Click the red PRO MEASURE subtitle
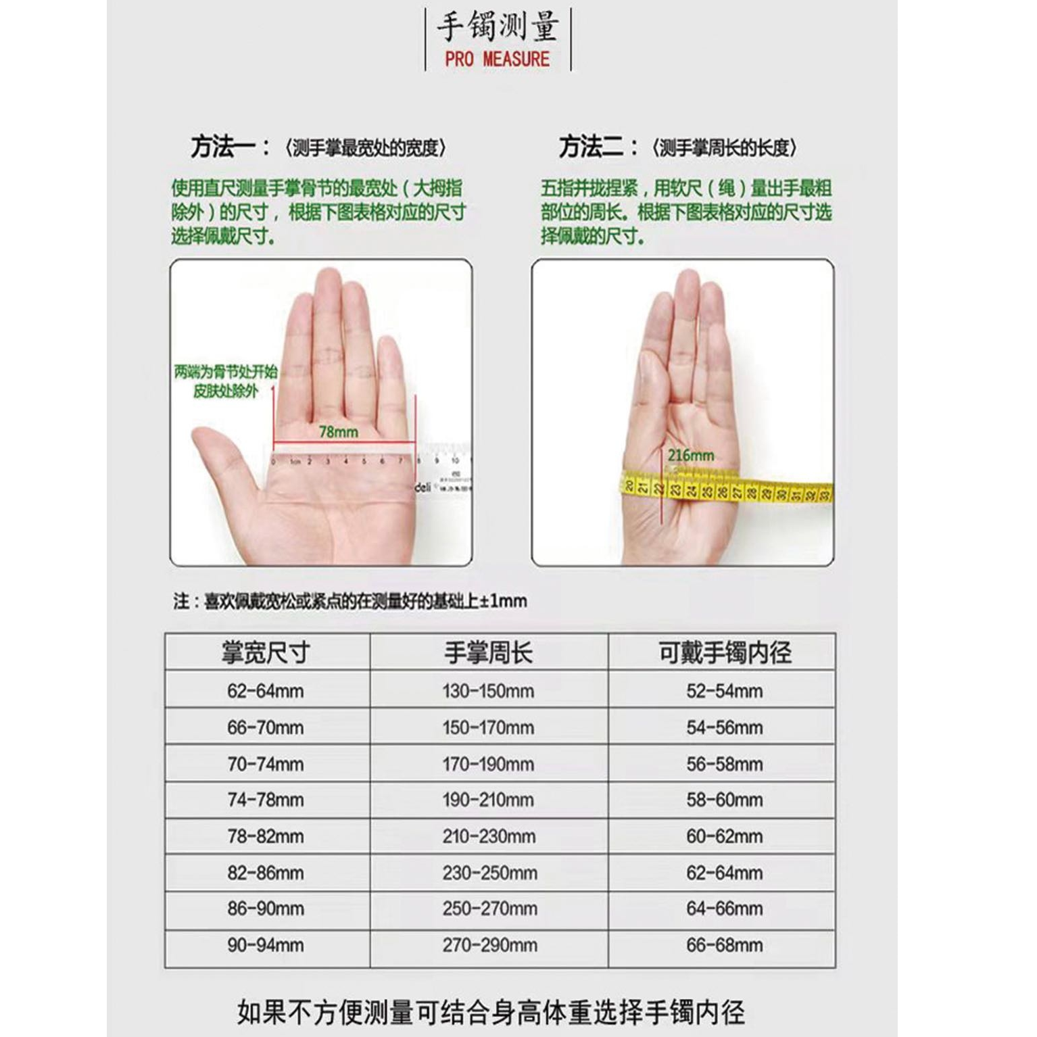[497, 59]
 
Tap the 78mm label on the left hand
[338, 431]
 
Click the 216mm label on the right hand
[690, 455]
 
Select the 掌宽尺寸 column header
[266, 652]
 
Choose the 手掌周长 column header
[488, 652]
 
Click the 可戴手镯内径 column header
[724, 652]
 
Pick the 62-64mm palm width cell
[266, 691]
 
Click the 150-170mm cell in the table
[488, 727]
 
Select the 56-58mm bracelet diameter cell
[724, 764]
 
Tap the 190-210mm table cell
[488, 800]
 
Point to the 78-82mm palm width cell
[266, 836]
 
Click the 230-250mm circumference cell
[489, 873]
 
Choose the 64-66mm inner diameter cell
[724, 909]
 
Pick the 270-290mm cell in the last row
[489, 945]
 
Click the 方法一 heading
[230, 147]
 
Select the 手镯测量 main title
[498, 27]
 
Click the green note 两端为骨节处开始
[226, 371]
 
